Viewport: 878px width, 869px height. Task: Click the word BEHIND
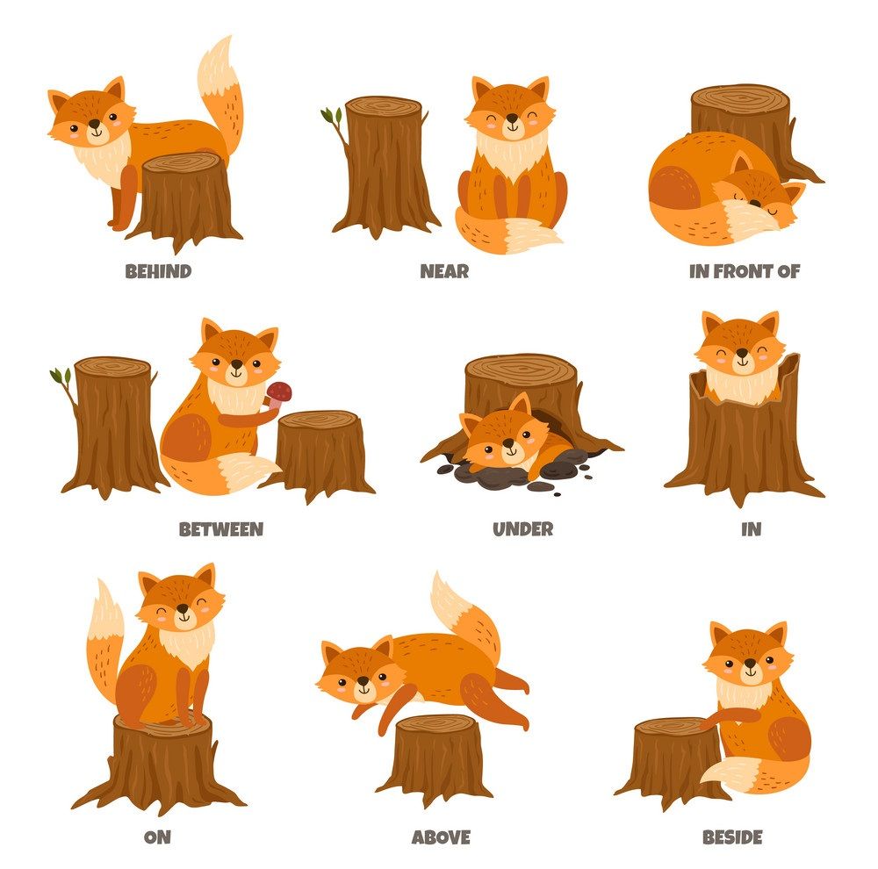(158, 271)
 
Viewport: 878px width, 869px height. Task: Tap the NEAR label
(444, 271)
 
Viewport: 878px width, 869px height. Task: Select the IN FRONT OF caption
(745, 271)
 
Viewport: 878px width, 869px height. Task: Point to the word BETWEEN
(221, 529)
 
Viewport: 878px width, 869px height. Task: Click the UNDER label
(523, 529)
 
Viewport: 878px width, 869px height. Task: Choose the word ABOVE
(442, 837)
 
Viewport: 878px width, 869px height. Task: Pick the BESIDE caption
(732, 837)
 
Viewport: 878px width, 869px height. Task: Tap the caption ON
(157, 837)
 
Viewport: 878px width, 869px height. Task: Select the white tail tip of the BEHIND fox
(216, 68)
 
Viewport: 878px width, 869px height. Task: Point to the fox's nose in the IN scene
(742, 354)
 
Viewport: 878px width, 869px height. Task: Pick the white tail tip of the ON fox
(106, 613)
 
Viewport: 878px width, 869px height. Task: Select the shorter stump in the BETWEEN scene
(320, 455)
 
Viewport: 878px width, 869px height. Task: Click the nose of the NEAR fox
(512, 118)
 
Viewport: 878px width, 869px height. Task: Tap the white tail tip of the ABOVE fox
(455, 604)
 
